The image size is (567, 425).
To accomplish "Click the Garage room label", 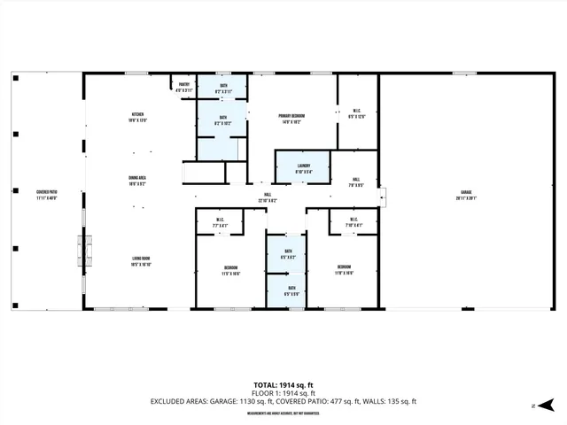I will coord(465,194).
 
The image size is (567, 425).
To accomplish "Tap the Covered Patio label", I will coord(47,194).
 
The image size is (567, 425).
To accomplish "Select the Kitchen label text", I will coord(137,117).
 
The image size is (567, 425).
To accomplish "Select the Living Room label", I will coord(137,261).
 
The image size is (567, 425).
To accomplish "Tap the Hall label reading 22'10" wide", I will coord(268,197).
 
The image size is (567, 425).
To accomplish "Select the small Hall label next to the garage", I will coord(354,182).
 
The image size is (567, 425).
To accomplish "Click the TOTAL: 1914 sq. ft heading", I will coord(283,384).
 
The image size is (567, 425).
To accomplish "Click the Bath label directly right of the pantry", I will coord(223,87).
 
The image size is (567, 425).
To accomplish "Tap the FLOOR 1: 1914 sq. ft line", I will coord(283,393).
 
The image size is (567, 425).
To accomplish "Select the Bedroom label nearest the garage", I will coord(344,269).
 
